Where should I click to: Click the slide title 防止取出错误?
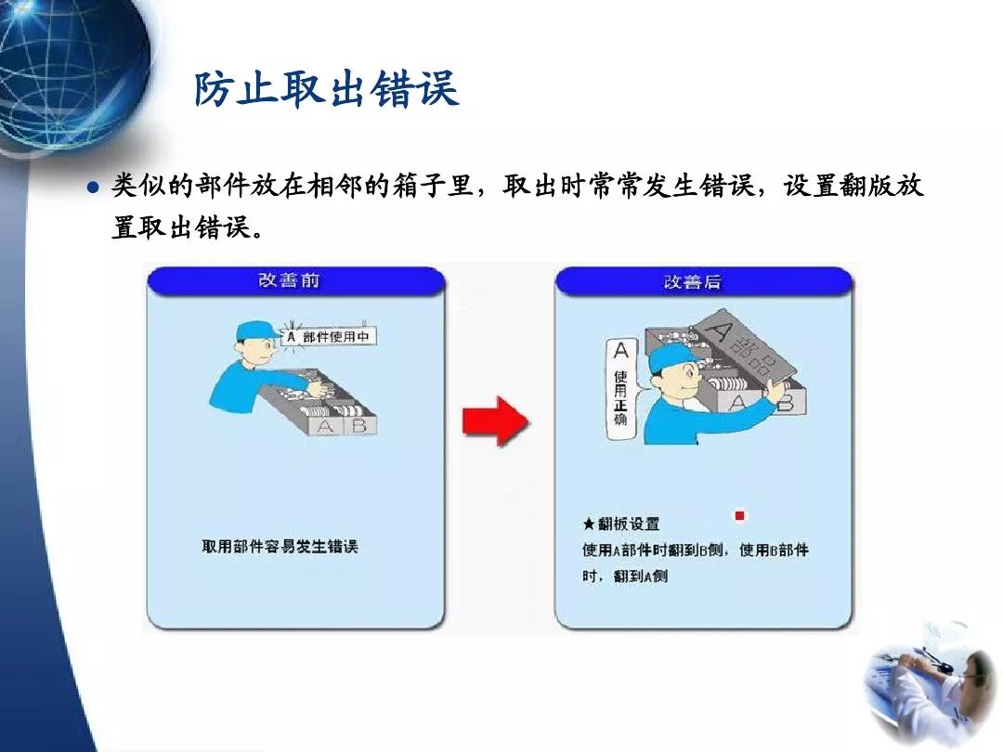click(326, 90)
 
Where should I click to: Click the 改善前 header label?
click(289, 280)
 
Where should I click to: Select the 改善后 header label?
click(693, 281)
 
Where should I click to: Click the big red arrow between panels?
click(496, 420)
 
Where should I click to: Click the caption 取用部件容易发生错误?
click(280, 547)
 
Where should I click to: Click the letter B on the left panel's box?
click(360, 426)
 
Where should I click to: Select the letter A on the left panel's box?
click(325, 427)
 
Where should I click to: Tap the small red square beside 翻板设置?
click(740, 516)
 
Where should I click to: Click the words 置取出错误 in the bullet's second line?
click(181, 227)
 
